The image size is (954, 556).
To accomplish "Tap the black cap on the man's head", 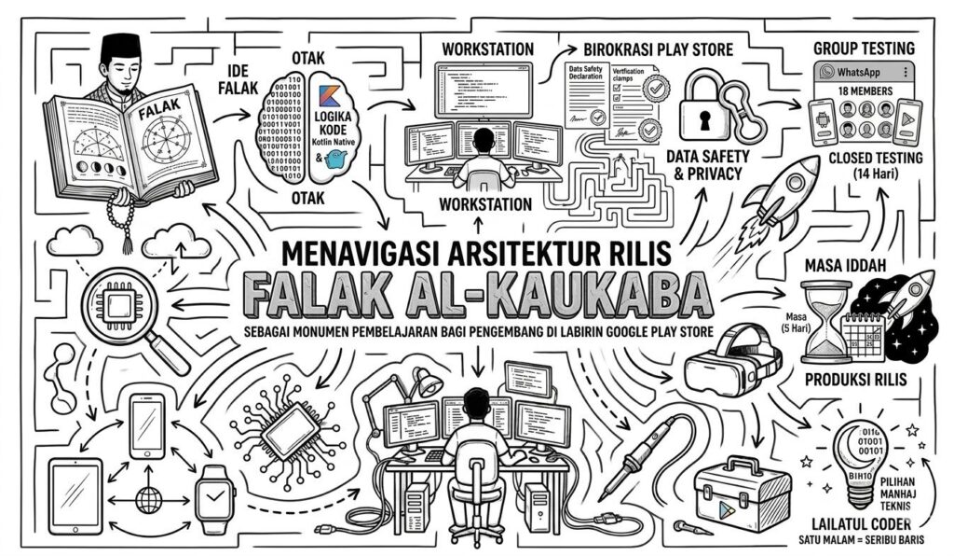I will (x=118, y=46).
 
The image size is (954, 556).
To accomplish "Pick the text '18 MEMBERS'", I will (x=862, y=91).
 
